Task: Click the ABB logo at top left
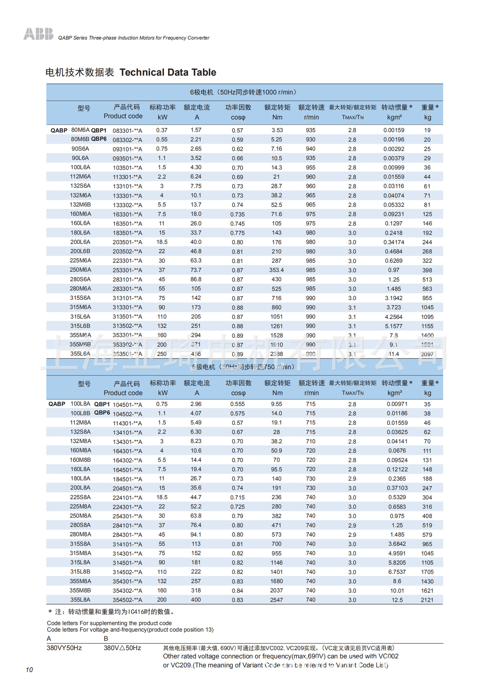click(38, 34)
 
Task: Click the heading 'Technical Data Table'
click(168, 73)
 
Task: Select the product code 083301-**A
click(127, 131)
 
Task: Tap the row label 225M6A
click(81, 261)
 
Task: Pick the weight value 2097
click(427, 354)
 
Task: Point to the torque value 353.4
click(277, 270)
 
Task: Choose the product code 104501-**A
click(127, 405)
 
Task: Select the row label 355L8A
click(81, 600)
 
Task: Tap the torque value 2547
click(277, 600)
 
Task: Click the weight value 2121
click(427, 600)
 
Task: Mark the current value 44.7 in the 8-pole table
click(196, 497)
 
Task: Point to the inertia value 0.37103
click(397, 488)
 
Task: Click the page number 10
click(29, 670)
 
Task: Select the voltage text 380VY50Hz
click(64, 648)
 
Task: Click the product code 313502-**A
click(127, 326)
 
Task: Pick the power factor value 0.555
click(238, 404)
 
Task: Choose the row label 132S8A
click(81, 432)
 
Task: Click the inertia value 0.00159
click(394, 130)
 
